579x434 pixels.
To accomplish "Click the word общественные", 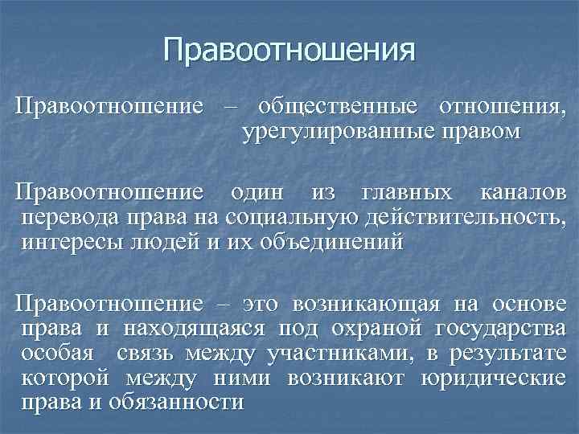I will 337,107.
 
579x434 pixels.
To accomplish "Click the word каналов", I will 522,194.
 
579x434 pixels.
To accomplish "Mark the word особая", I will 61,354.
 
